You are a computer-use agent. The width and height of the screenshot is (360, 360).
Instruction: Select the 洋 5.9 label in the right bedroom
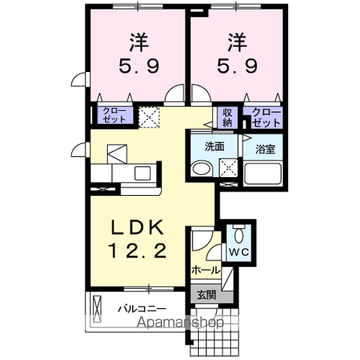pos(236,53)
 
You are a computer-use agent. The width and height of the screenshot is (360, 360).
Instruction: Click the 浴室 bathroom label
pos(265,148)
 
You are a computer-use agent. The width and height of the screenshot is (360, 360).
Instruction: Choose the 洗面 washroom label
pos(214,146)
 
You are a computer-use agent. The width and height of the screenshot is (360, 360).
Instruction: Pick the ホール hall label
pos(205,269)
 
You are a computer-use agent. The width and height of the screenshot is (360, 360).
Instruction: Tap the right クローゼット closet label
pos(267,117)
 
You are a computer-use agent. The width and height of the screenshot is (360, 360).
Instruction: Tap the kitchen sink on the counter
pos(142,173)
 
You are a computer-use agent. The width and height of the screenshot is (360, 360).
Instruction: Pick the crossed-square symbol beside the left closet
pos(150,116)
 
